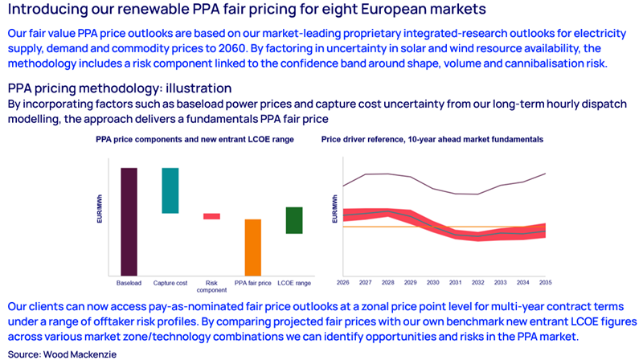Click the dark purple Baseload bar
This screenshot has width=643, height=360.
click(129, 221)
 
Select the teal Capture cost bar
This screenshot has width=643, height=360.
click(170, 190)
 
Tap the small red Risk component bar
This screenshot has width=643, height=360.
click(211, 216)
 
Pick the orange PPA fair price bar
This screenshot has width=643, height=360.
click(252, 247)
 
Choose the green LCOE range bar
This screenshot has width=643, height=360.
click(294, 220)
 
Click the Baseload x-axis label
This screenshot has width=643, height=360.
click(129, 284)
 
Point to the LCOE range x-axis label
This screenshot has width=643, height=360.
click(294, 284)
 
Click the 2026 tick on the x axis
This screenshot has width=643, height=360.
click(343, 283)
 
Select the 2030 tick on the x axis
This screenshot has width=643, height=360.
click(433, 283)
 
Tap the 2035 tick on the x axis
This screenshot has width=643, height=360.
click(546, 283)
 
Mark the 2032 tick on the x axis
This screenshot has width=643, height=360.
click(478, 283)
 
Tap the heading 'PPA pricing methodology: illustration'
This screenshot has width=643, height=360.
click(120, 88)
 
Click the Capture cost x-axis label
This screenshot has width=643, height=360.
click(170, 284)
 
